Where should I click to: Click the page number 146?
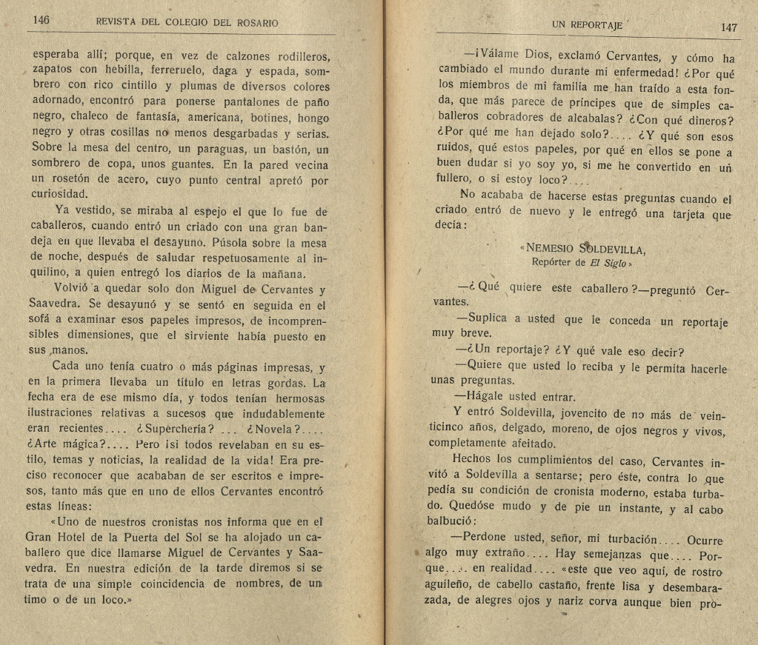tap(41, 21)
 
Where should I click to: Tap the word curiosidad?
tap(59, 195)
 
